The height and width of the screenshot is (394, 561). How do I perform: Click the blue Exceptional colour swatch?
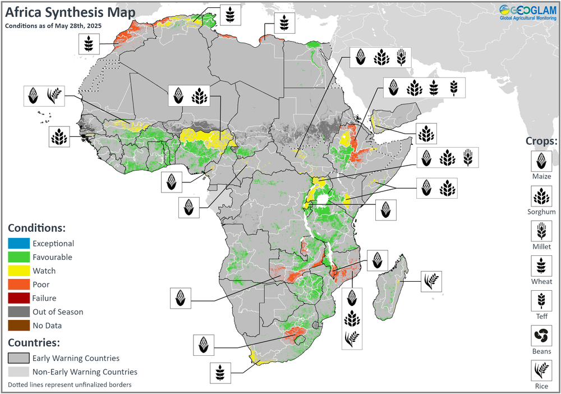18,244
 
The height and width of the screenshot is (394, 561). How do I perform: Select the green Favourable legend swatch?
18,257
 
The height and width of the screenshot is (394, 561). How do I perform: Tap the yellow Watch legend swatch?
18,271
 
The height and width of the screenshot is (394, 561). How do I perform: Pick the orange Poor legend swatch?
18,285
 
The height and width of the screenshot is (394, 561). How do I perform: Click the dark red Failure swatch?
18,298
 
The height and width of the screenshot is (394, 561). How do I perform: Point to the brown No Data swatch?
18,326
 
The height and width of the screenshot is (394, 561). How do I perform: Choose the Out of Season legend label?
58,312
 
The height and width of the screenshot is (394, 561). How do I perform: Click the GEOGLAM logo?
527,12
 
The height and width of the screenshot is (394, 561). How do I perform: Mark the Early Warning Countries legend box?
18,358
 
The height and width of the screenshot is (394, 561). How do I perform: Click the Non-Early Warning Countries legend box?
18,372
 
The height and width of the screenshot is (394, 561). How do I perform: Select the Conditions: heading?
37,229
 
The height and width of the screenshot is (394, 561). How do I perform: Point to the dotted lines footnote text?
71,385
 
